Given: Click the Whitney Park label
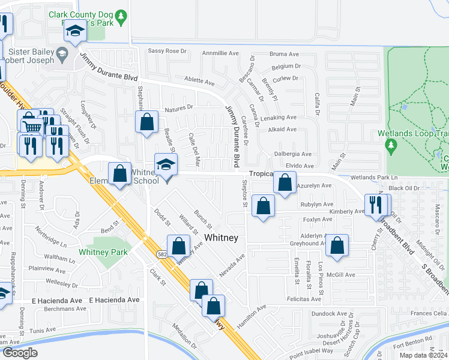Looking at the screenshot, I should [x=103, y=253].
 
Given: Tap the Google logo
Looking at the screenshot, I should [x=19, y=353].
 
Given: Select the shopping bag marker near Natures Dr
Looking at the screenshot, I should [x=147, y=122].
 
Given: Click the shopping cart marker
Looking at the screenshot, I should [x=31, y=125].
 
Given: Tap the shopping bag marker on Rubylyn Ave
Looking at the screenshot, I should [x=263, y=206].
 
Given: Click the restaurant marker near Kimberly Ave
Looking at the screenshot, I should [x=376, y=205].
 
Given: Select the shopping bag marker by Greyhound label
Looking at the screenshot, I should [x=338, y=245].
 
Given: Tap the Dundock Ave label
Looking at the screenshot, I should [x=330, y=313].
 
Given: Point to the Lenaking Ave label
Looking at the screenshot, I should [x=279, y=118].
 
